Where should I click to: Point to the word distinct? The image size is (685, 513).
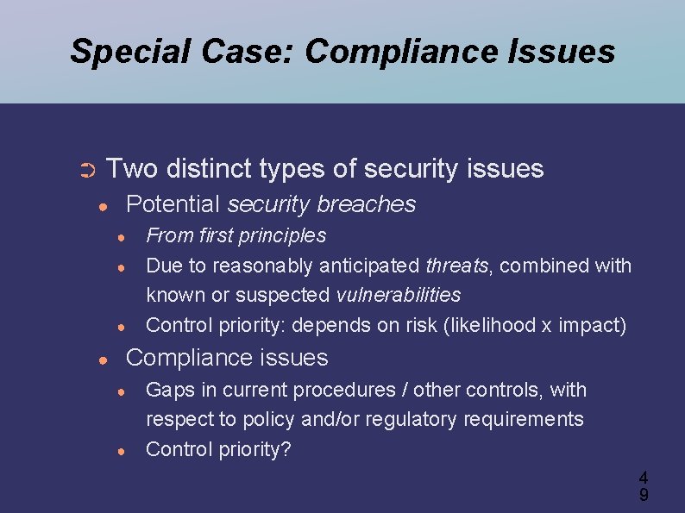(x=218, y=168)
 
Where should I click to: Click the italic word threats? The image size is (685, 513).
(x=457, y=266)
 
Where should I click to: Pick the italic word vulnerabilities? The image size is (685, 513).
(x=399, y=295)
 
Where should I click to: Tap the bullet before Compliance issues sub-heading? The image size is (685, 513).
(x=103, y=359)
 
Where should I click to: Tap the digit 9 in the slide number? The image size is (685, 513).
(x=644, y=495)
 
